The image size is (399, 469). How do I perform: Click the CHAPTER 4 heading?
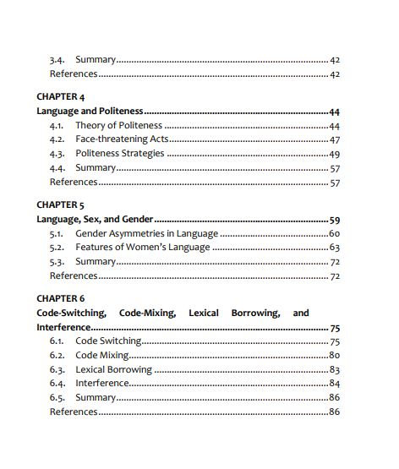(61, 96)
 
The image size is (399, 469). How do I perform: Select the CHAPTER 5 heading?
(61, 205)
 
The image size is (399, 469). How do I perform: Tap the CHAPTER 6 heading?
(61, 298)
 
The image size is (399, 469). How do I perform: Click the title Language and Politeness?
(90, 111)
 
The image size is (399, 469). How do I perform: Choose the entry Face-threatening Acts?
(121, 139)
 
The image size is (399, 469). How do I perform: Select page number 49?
(334, 154)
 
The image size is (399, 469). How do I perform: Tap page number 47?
(334, 139)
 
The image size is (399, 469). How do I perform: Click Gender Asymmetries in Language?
(147, 233)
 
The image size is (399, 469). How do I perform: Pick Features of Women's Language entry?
(143, 248)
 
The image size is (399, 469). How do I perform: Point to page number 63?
(334, 248)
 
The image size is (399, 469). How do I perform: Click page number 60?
(334, 233)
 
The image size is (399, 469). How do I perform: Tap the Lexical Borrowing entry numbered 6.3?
(114, 369)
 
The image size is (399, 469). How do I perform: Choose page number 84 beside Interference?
(334, 384)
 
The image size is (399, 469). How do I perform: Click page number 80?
(334, 355)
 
